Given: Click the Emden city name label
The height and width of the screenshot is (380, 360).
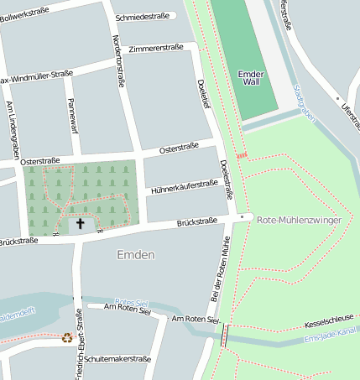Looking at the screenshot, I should pyautogui.click(x=136, y=254).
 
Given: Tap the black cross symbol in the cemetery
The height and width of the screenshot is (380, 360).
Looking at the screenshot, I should pyautogui.click(x=81, y=223).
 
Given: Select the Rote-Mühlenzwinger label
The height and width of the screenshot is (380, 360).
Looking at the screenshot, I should pyautogui.click(x=300, y=219).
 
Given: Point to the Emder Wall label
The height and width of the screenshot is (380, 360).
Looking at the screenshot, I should pyautogui.click(x=251, y=78).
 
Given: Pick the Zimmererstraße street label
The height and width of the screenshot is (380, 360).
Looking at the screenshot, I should pyautogui.click(x=156, y=49).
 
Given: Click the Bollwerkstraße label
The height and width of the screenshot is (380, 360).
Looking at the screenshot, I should pyautogui.click(x=25, y=15).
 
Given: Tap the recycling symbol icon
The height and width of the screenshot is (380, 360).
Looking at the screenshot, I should pyautogui.click(x=67, y=338).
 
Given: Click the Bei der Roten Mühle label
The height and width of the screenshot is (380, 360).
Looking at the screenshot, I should pyautogui.click(x=218, y=272).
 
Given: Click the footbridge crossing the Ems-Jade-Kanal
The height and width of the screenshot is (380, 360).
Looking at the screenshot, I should pyautogui.click(x=223, y=335).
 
